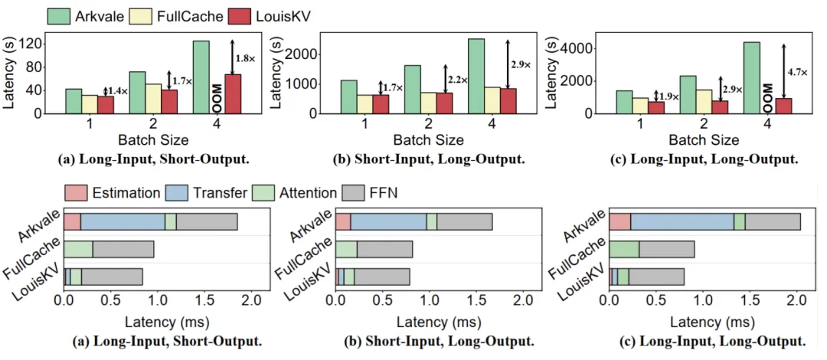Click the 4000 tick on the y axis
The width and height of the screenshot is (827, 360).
pyautogui.click(x=580, y=47)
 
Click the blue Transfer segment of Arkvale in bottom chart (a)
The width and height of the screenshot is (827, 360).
pyautogui.click(x=123, y=221)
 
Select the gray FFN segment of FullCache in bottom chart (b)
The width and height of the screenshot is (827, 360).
pyautogui.click(x=384, y=249)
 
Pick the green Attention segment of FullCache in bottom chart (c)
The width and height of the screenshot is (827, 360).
pyautogui.click(x=624, y=249)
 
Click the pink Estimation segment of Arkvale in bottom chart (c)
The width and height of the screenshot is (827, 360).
pyautogui.click(x=619, y=221)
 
